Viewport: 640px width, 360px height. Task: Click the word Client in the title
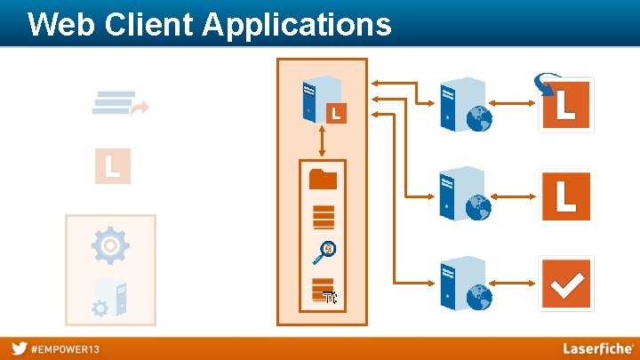(x=148, y=24)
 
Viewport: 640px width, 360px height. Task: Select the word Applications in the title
(x=297, y=24)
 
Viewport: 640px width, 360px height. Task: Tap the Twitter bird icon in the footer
(x=19, y=348)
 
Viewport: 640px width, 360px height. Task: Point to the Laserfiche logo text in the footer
(x=597, y=348)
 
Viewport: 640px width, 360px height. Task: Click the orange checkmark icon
(x=566, y=284)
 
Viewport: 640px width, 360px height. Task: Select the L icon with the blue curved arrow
(x=565, y=104)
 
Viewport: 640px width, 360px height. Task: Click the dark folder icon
(x=323, y=180)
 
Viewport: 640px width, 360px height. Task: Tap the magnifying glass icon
(x=324, y=253)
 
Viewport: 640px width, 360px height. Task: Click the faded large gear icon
(x=110, y=245)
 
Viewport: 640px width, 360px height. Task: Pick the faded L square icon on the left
(x=113, y=166)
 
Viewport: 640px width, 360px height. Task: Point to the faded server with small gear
(x=111, y=299)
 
